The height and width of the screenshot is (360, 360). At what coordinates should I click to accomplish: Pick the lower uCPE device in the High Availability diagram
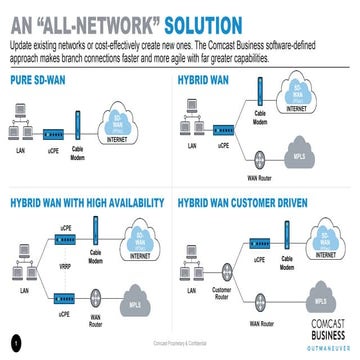[62, 297]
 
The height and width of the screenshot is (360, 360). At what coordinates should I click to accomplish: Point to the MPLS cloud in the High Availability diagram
[130, 300]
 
